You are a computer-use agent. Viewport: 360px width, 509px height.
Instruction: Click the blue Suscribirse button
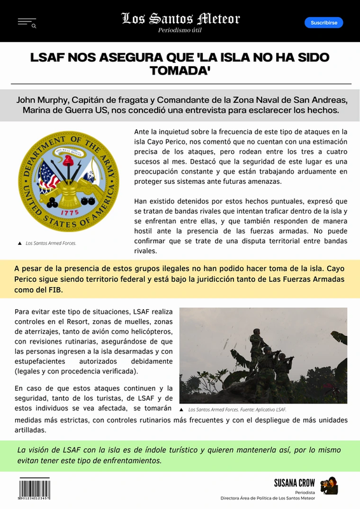click(x=324, y=22)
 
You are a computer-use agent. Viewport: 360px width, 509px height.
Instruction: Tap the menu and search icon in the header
click(x=27, y=23)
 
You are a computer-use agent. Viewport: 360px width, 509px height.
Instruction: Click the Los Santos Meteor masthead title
click(x=180, y=18)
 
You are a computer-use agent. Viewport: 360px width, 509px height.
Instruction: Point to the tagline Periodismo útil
click(x=180, y=31)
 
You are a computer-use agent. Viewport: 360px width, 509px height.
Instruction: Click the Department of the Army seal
click(x=68, y=181)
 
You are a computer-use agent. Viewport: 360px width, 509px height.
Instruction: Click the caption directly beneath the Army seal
click(x=48, y=243)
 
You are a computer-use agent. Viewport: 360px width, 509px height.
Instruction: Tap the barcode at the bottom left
click(x=34, y=489)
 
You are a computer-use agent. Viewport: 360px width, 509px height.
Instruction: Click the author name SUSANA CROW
click(x=294, y=483)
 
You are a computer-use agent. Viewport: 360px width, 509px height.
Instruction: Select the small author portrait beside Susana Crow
click(x=329, y=485)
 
